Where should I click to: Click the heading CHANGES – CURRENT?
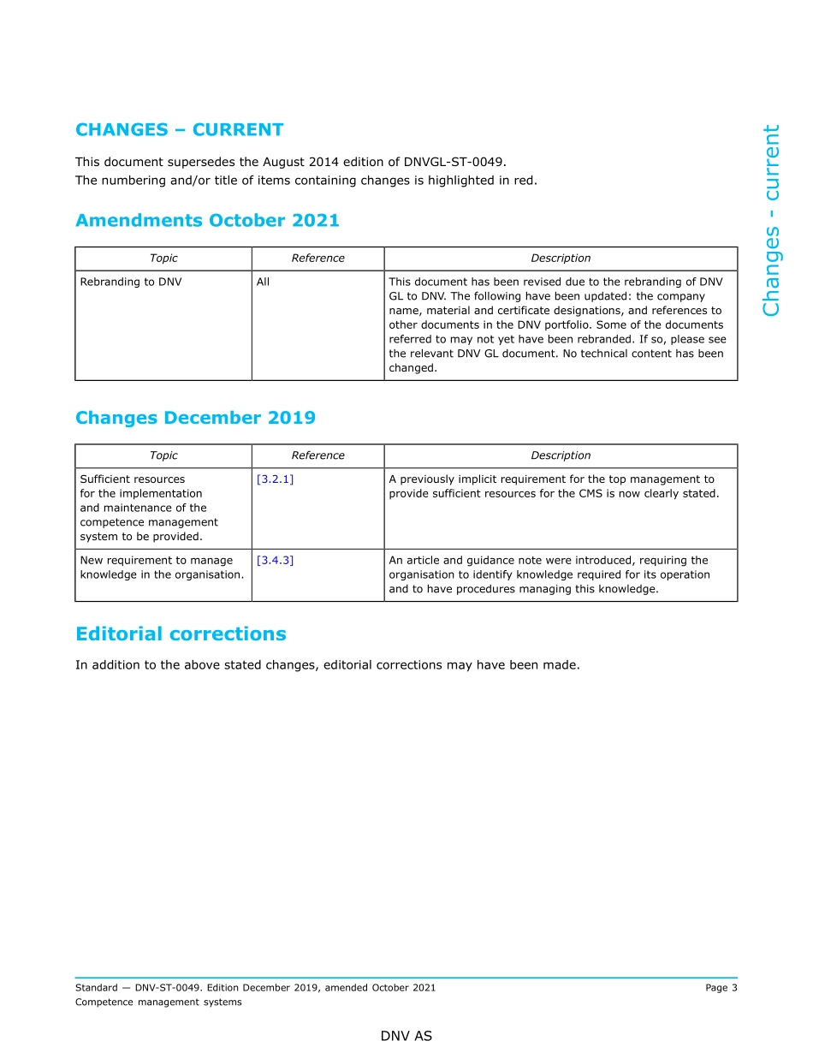point(179,130)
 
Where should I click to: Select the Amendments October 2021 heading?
point(207,221)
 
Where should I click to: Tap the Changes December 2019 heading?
point(195,418)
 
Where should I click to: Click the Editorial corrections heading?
point(181,634)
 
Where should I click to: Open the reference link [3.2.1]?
point(275,479)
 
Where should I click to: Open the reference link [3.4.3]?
point(275,561)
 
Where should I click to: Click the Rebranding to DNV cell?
point(131,282)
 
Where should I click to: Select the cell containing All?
point(263,282)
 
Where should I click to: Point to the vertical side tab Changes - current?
point(771,221)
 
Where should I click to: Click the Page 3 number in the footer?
point(721,988)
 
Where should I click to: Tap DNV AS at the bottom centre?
point(406,1036)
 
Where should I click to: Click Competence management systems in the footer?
point(158,1002)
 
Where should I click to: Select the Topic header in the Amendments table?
point(163,259)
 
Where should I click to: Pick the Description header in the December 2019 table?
point(561,455)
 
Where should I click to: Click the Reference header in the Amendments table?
point(317,259)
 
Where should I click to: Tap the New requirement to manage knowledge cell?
point(162,568)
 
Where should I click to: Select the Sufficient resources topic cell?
point(149,508)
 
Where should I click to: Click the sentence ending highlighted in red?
point(306,181)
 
